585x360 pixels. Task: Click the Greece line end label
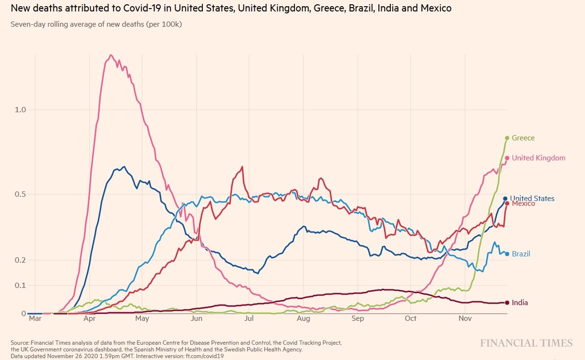coord(523,138)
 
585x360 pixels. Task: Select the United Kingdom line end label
coord(538,158)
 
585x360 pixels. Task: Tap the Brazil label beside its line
coord(521,254)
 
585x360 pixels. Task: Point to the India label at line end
coord(520,303)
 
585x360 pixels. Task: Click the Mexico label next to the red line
coord(523,204)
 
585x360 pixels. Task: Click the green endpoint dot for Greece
coord(507,138)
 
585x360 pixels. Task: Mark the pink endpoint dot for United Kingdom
coord(507,158)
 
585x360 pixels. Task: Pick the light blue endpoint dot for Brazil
coord(507,254)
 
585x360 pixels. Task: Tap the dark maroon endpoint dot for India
coord(507,302)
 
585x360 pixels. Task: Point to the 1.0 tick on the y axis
coord(20,110)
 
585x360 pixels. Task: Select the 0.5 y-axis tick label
coord(20,194)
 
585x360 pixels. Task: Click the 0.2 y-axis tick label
coord(20,260)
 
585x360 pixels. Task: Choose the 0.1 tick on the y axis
coord(20,286)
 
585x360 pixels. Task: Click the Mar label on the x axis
coord(35,318)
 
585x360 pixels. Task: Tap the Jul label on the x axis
coord(249,318)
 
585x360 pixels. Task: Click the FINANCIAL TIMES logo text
coord(526,343)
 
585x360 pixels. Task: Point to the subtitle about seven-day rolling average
coord(96,24)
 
